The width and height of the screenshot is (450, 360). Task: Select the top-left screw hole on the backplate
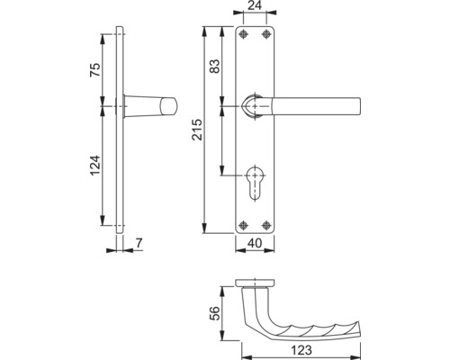pos(243,35)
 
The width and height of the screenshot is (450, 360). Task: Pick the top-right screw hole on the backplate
pos(266,35)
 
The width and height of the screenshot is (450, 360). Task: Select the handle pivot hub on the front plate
pos(255,106)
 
